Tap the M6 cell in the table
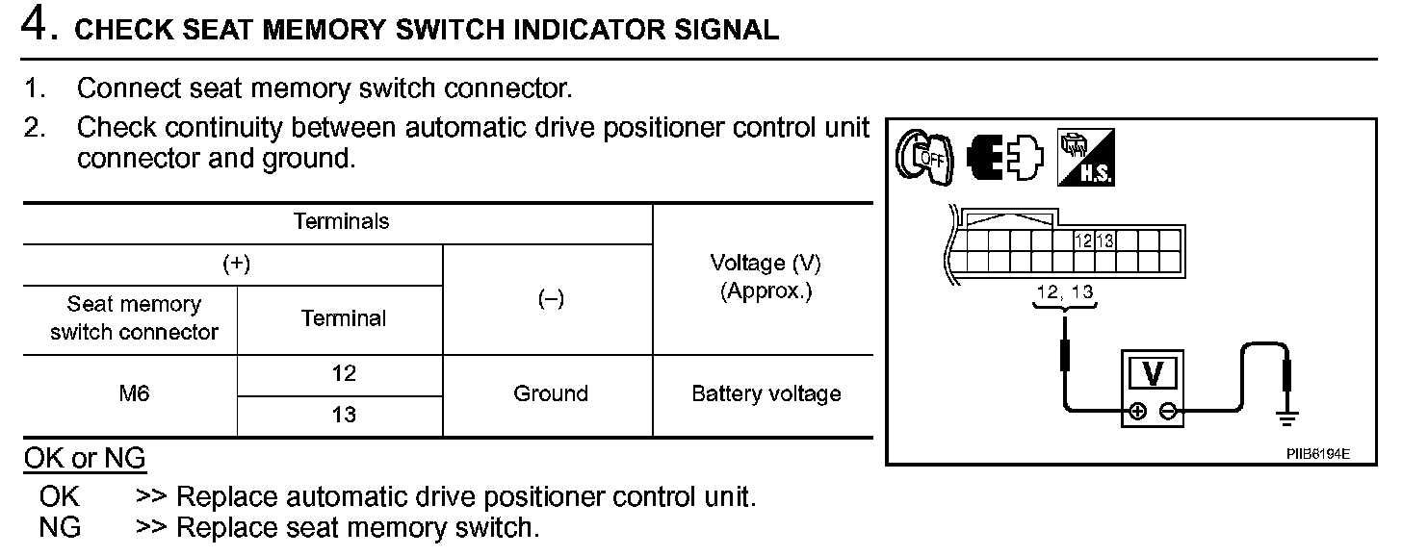tap(135, 393)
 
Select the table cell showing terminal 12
tap(343, 374)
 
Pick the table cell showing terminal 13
tap(343, 416)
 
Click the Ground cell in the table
tap(550, 393)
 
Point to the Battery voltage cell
tap(766, 393)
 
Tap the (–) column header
tap(550, 299)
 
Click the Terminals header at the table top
tap(341, 222)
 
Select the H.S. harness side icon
tap(1085, 157)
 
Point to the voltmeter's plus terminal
tap(1137, 412)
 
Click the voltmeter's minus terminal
tap(1167, 412)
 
